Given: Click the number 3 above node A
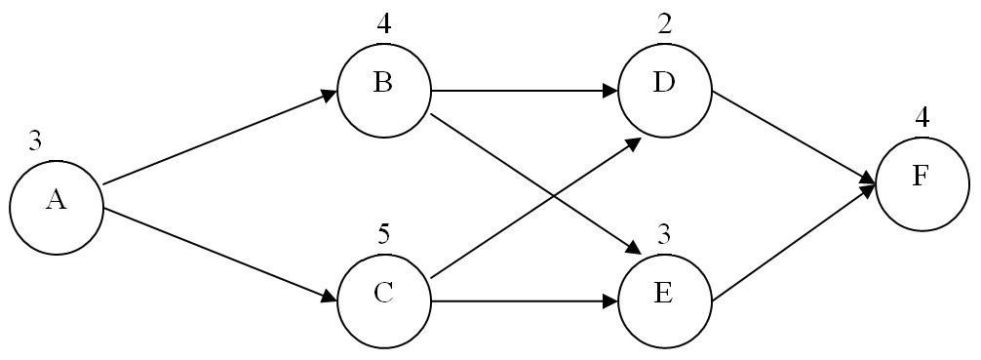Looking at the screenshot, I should pyautogui.click(x=35, y=142).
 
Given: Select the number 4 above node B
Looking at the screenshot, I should pyautogui.click(x=384, y=22).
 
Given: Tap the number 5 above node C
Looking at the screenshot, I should pyautogui.click(x=384, y=234).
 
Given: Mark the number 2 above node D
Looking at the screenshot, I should pyautogui.click(x=665, y=22).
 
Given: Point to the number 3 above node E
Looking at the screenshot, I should pyautogui.click(x=665, y=234).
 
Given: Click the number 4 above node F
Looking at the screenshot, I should pyautogui.click(x=922, y=118).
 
